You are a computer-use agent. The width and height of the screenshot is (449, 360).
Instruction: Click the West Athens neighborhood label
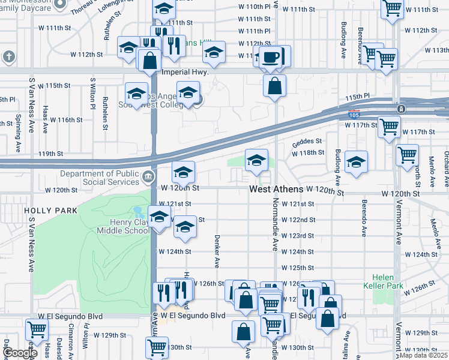tap(276, 190)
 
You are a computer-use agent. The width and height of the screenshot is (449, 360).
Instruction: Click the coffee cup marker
tap(270, 57)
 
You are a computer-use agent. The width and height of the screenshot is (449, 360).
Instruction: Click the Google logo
tap(19, 353)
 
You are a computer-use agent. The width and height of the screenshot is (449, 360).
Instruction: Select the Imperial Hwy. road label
tap(185, 72)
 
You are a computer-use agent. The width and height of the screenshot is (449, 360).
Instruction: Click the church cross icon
tap(9, 57)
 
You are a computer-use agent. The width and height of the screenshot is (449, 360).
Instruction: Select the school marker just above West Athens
tap(256, 160)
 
